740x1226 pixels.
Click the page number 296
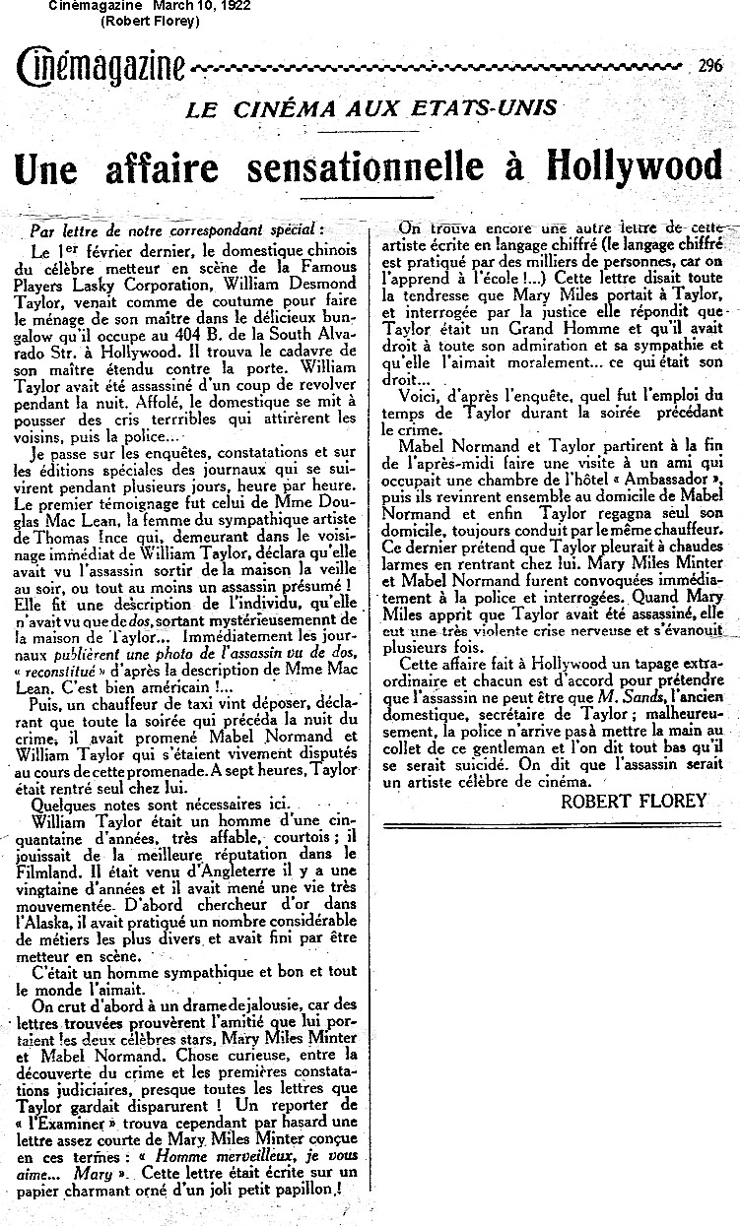point(709,67)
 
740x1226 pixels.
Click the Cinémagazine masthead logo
point(101,67)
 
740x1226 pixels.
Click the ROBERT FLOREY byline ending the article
point(634,800)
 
